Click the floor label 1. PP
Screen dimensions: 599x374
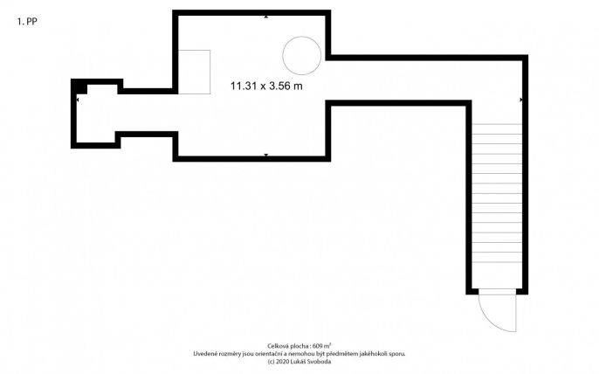point(27,22)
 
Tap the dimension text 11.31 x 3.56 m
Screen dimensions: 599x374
point(266,86)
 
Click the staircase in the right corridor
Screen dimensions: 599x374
point(497,193)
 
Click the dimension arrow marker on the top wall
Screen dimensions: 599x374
point(266,17)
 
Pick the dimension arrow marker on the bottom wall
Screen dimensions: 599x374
point(266,155)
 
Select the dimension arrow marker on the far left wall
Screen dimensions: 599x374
point(78,100)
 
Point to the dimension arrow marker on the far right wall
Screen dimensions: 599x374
point(521,100)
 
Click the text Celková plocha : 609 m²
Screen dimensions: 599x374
point(299,346)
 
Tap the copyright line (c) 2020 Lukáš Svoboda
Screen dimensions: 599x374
point(299,362)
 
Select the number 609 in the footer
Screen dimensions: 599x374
point(318,346)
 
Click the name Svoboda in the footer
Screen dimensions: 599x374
point(321,362)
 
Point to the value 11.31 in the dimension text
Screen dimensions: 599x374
point(242,86)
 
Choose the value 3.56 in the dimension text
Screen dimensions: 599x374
point(279,86)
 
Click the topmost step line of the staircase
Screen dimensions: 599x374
point(497,124)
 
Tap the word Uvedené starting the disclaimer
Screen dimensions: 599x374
point(204,354)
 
